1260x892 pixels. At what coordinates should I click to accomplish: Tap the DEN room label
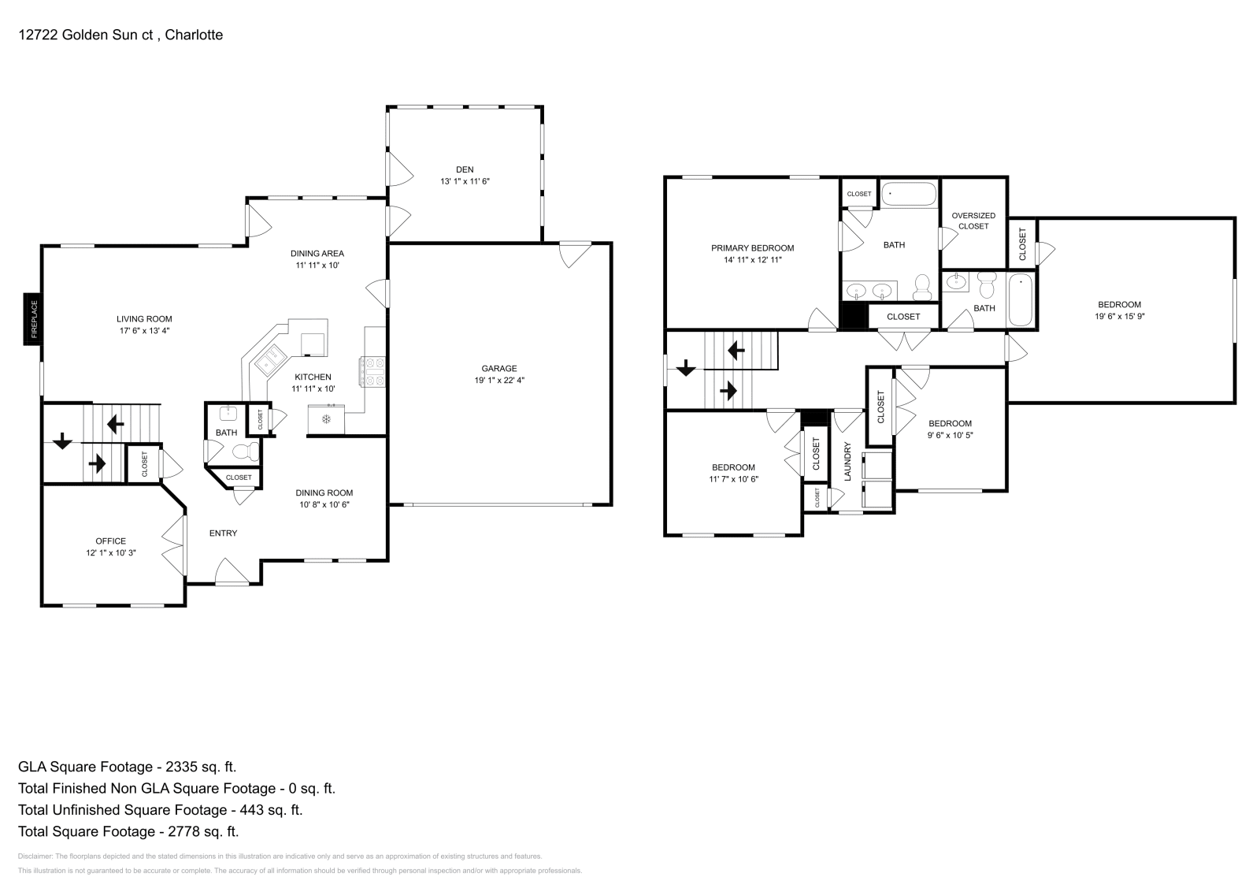point(465,169)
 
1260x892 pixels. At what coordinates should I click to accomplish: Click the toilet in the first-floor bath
point(246,452)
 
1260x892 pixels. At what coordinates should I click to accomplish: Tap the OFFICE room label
point(110,541)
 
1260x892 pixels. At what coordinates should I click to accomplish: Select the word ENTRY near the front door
point(223,533)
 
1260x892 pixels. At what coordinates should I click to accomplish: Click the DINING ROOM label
point(324,492)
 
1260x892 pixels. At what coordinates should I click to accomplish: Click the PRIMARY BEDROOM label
point(752,248)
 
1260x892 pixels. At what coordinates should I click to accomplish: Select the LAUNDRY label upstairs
point(848,462)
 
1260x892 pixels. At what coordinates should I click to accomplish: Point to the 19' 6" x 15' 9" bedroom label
point(1119,316)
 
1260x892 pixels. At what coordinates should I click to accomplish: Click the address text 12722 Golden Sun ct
point(87,35)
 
